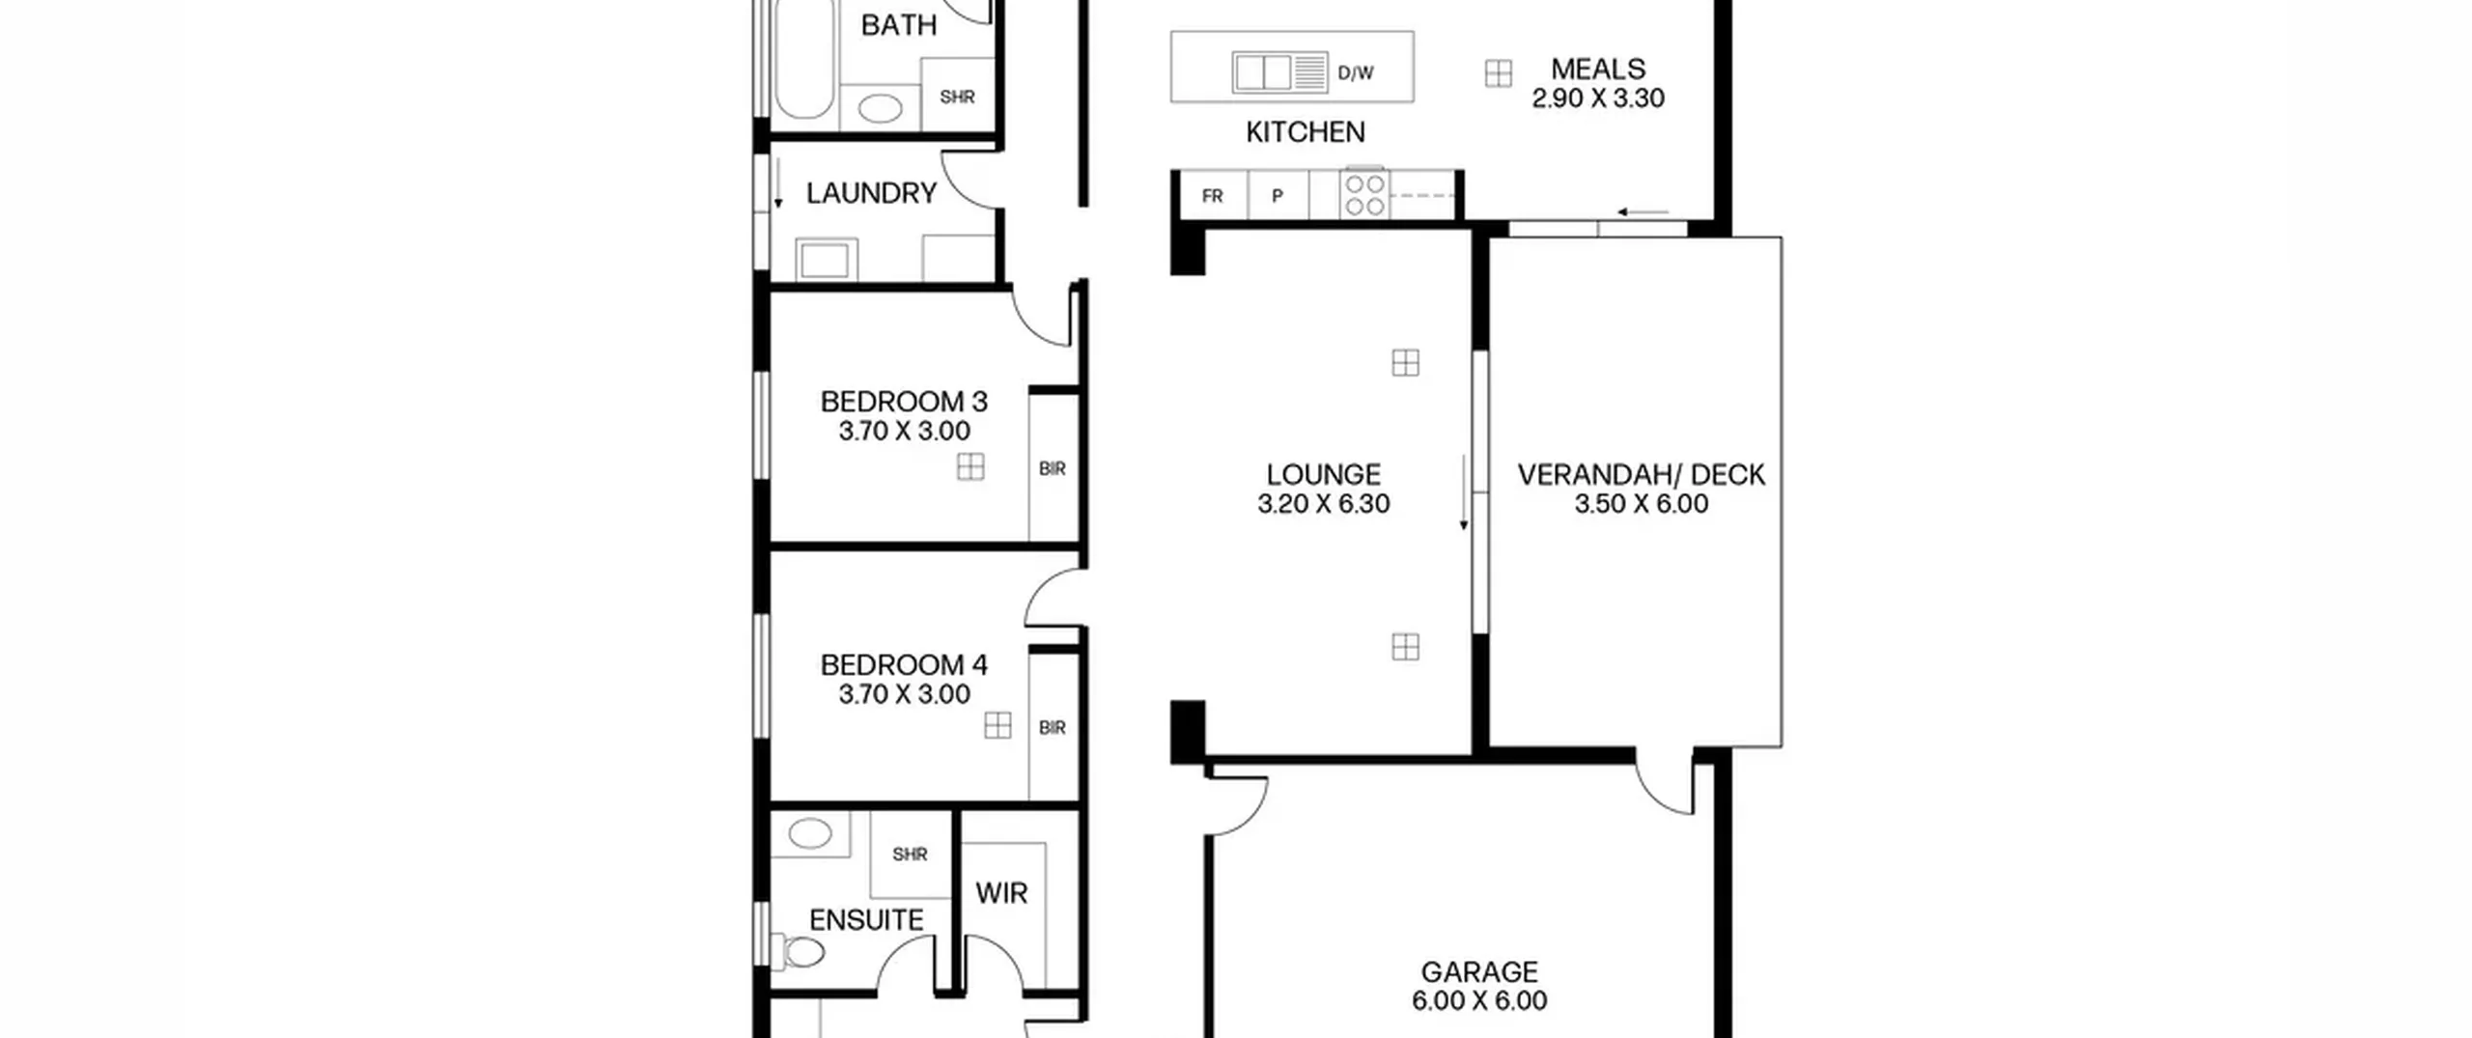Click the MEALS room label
(x=1598, y=70)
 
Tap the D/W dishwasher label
(x=1356, y=73)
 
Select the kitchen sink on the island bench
(x=1279, y=72)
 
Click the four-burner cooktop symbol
(x=1364, y=194)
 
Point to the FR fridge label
(x=1213, y=196)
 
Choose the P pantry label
(x=1278, y=196)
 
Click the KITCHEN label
(x=1305, y=132)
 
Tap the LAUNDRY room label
(x=871, y=193)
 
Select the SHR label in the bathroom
(x=957, y=97)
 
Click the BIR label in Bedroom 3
(x=1053, y=468)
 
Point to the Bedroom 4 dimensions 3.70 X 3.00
(x=904, y=694)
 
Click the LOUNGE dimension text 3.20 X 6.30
(x=1323, y=504)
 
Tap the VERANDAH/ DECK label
(x=1641, y=475)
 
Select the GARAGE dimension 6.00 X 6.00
(x=1479, y=1001)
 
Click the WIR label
(x=1001, y=893)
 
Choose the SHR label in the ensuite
(x=910, y=855)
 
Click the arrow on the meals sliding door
(x=1643, y=212)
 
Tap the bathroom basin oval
(x=880, y=107)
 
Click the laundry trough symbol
(x=825, y=260)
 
